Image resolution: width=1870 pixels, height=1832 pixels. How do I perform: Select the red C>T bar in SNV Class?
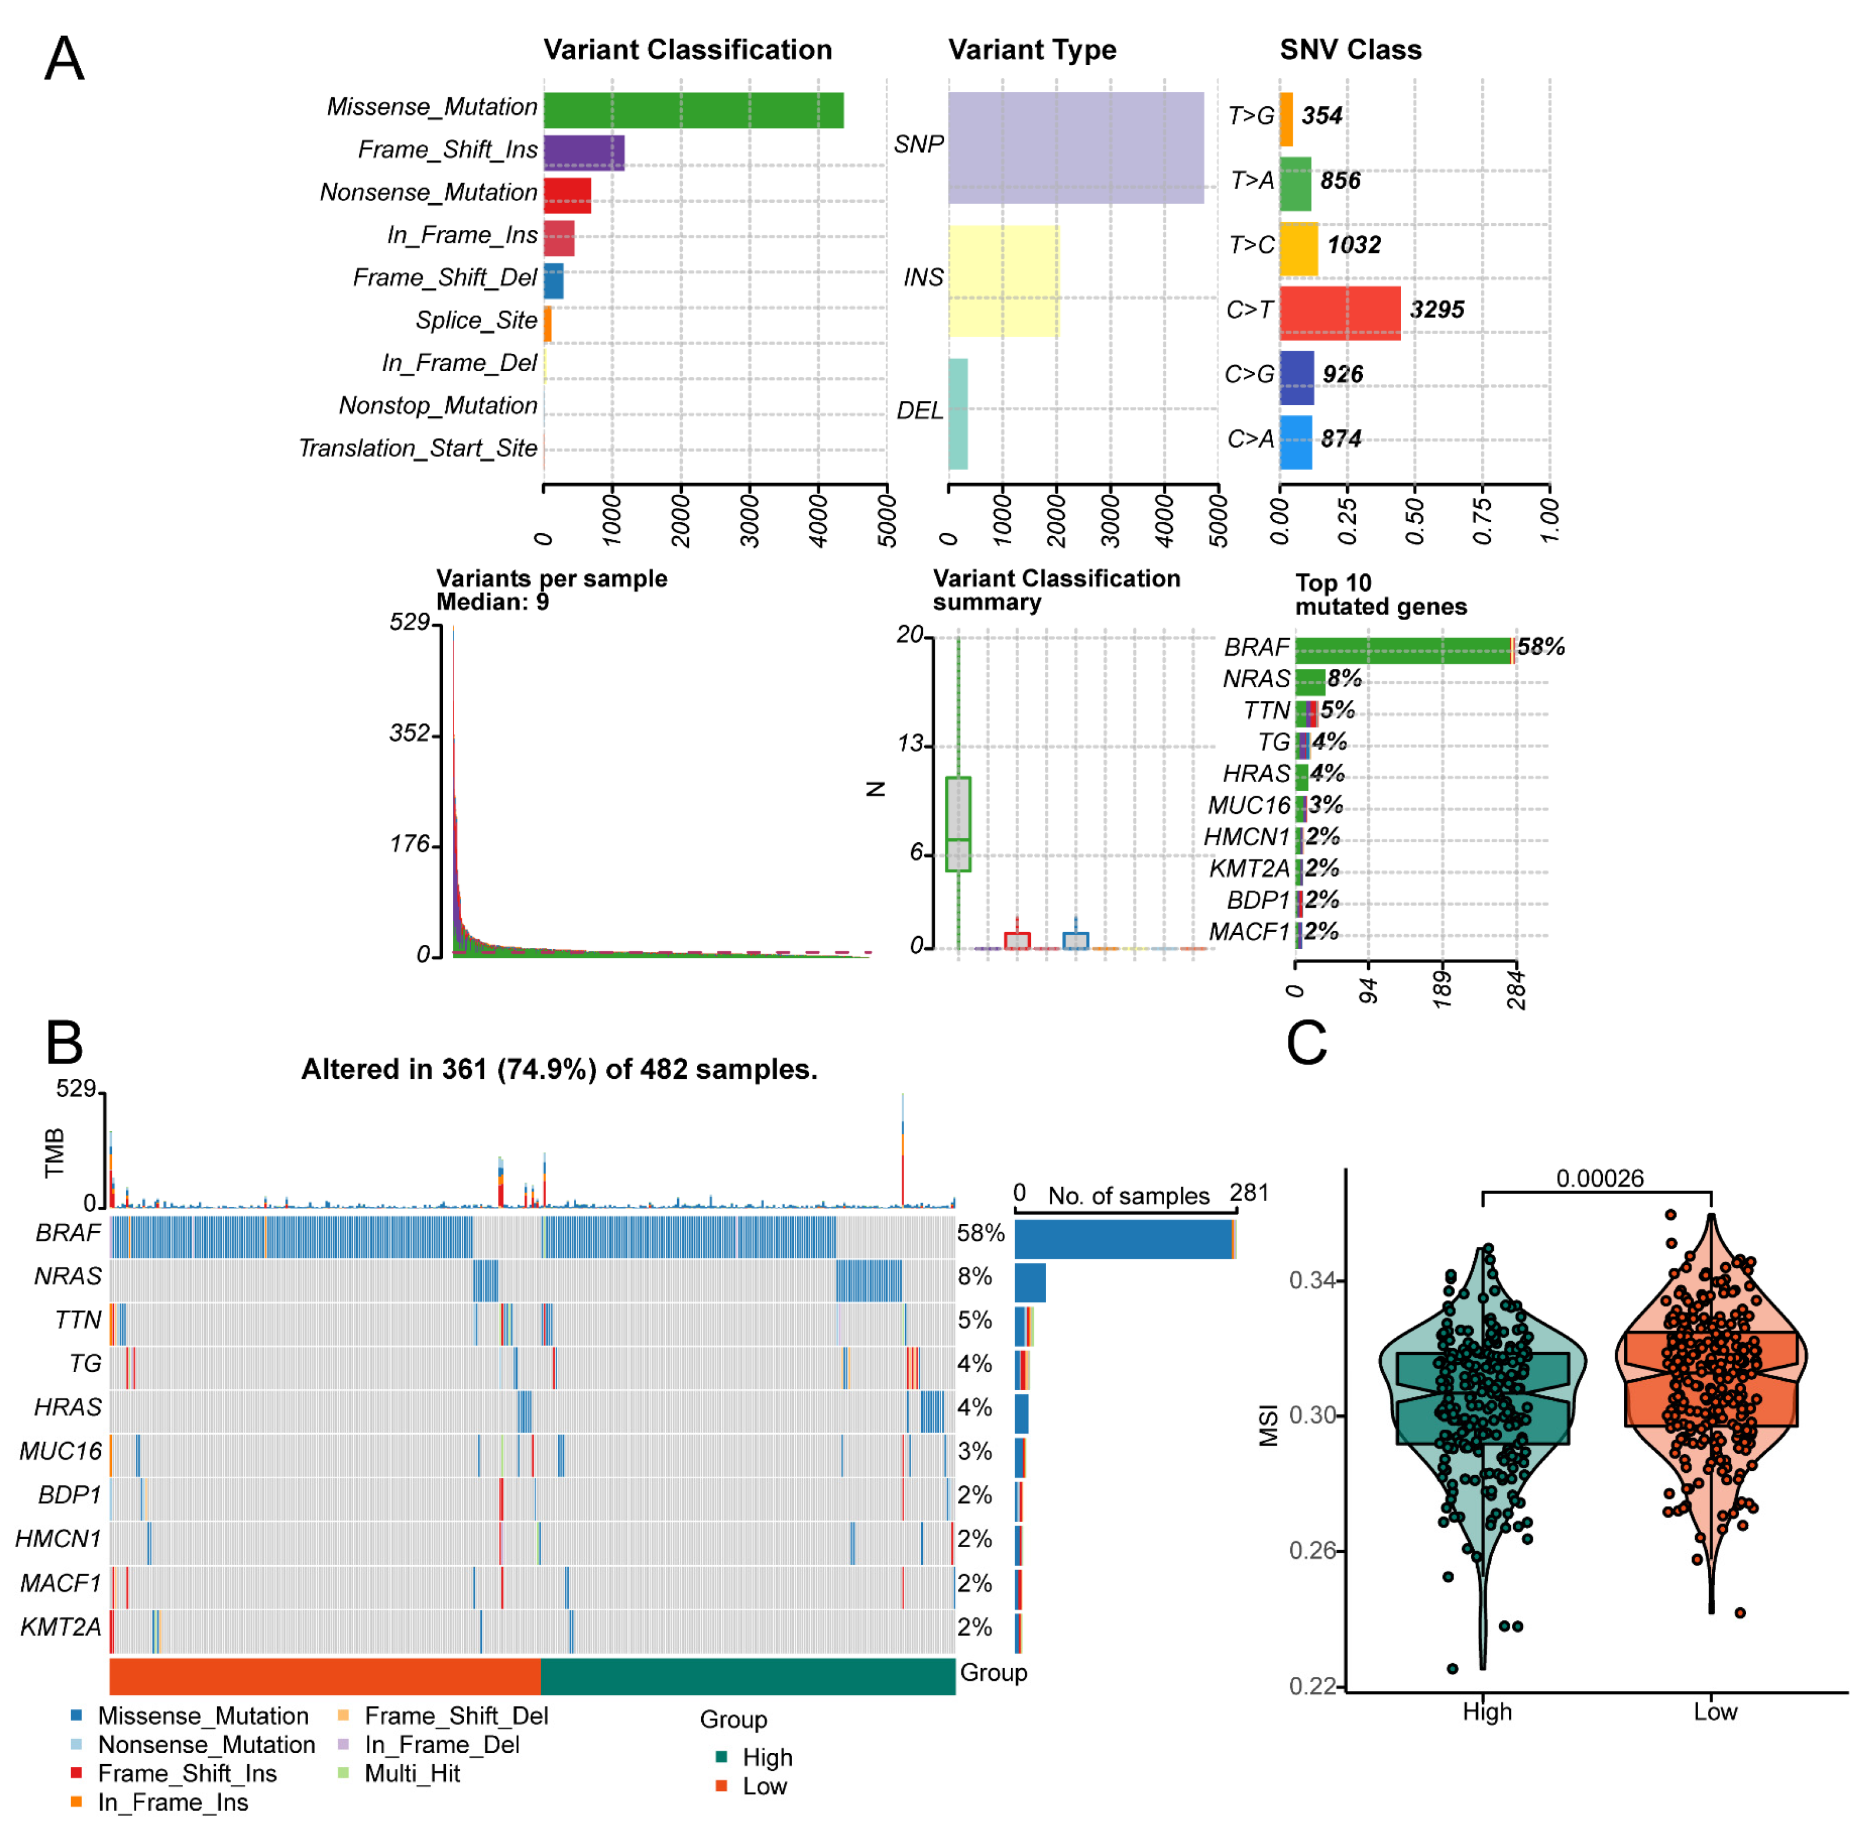click(1339, 313)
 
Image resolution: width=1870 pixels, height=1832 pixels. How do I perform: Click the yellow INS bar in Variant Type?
click(1003, 280)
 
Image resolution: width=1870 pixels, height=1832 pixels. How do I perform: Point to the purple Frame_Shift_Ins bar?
click(583, 152)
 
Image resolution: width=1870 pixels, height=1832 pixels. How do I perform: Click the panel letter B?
click(64, 1042)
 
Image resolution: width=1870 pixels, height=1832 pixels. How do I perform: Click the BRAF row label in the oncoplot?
click(68, 1233)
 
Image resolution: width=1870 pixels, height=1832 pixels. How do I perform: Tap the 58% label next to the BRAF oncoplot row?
click(980, 1233)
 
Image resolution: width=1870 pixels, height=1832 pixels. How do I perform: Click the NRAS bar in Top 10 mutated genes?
click(1309, 681)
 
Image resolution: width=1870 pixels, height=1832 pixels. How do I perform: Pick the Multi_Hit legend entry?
click(412, 1773)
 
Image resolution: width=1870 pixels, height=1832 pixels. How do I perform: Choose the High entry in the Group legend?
click(767, 1757)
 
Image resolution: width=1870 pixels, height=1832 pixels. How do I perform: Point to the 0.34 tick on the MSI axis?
click(1311, 1281)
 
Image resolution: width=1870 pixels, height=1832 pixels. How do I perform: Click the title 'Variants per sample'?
click(551, 578)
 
